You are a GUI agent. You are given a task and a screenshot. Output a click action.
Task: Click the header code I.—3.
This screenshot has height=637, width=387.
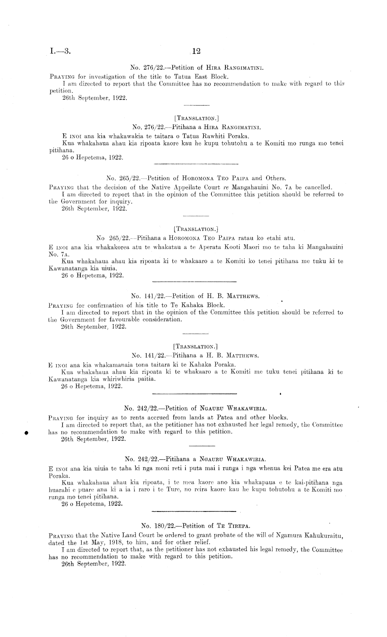pyautogui.click(x=60, y=52)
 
